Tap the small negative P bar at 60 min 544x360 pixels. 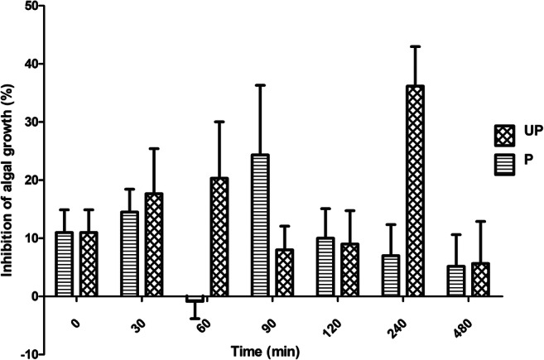pos(195,299)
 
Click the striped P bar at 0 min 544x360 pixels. pos(65,264)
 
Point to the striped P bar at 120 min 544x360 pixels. pos(326,266)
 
